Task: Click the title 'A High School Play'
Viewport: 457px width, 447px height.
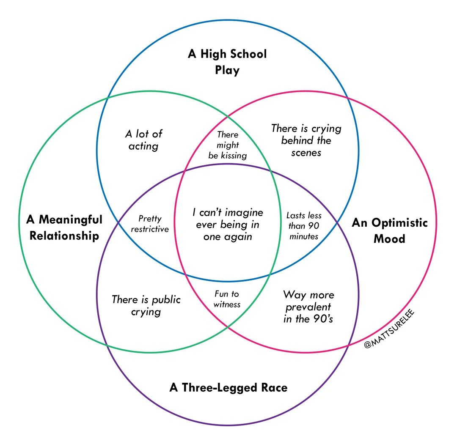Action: [x=227, y=62]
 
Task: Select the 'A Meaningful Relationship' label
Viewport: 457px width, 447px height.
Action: [x=64, y=228]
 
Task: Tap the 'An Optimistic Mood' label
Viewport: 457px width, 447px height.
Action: [x=389, y=230]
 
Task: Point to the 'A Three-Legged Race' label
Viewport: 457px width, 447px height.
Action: [x=228, y=387]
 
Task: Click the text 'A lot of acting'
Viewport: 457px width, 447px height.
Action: [x=143, y=140]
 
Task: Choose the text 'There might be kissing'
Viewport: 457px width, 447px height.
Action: [x=228, y=145]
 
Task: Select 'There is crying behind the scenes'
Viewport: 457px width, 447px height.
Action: [x=306, y=140]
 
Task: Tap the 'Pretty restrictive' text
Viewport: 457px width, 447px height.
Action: [x=150, y=224]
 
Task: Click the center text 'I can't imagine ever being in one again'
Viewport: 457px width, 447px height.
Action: [x=228, y=225]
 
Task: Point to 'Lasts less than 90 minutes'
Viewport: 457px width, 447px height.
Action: [x=304, y=226]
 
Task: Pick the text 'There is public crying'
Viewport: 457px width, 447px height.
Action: [x=146, y=306]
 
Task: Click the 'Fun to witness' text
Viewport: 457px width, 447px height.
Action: [x=227, y=299]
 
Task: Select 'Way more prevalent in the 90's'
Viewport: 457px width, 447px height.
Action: [x=308, y=307]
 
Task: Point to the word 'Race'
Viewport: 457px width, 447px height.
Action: [x=273, y=387]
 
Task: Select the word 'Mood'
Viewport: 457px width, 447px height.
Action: [x=389, y=239]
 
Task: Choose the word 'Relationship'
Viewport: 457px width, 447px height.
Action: [x=64, y=236]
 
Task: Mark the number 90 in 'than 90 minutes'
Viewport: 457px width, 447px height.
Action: [x=314, y=226]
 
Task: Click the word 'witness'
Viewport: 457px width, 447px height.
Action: [x=227, y=304]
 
